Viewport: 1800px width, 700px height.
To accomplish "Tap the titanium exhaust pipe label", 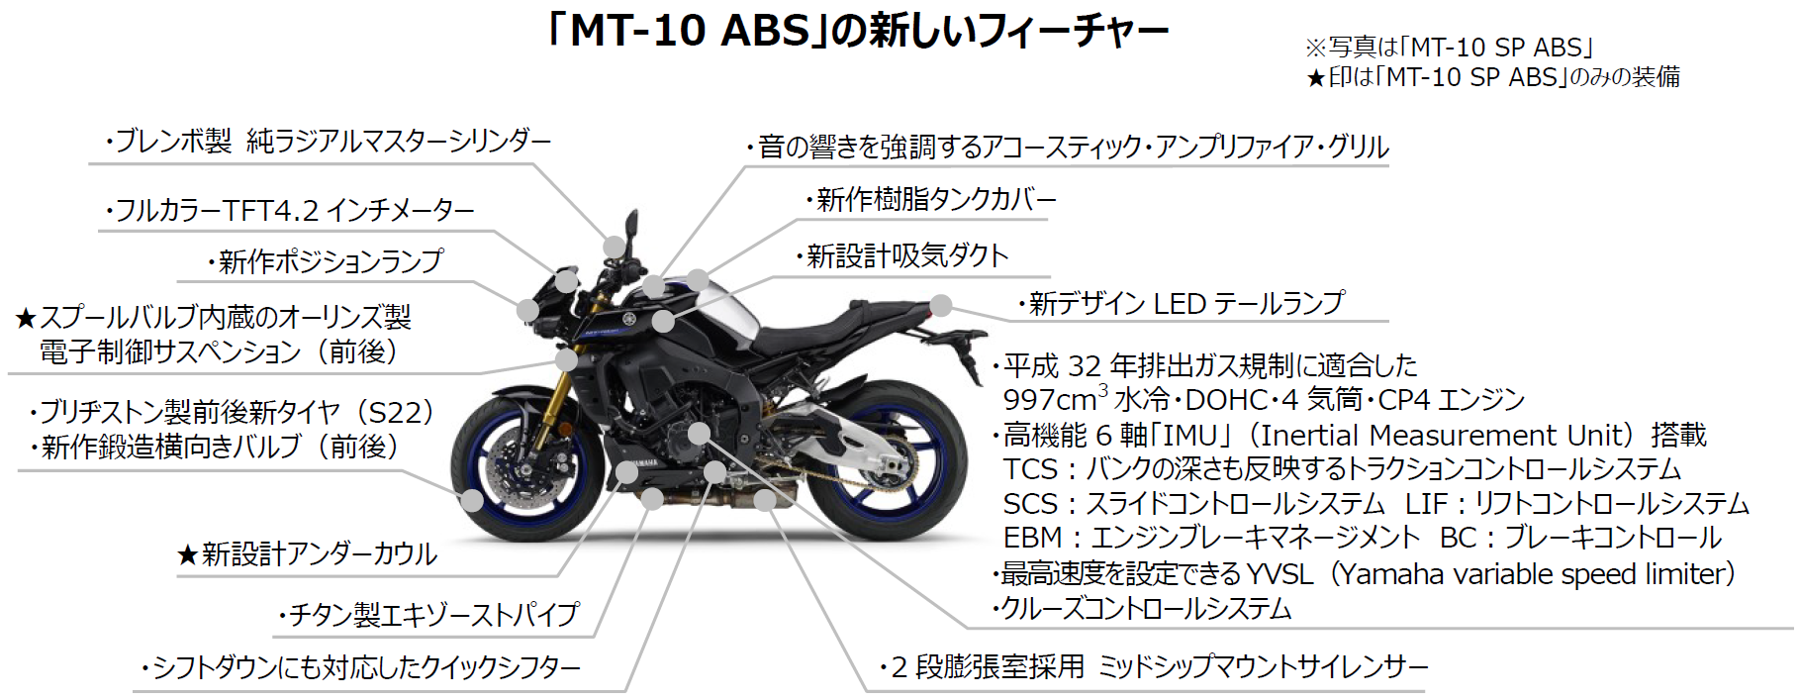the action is (x=431, y=615).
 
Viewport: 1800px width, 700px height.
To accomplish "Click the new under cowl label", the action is (x=318, y=554).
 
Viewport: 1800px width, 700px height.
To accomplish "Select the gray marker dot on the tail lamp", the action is (x=941, y=306).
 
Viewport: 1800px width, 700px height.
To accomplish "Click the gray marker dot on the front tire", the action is (x=472, y=501).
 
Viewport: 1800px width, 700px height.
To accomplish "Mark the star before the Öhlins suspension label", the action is (x=26, y=319).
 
